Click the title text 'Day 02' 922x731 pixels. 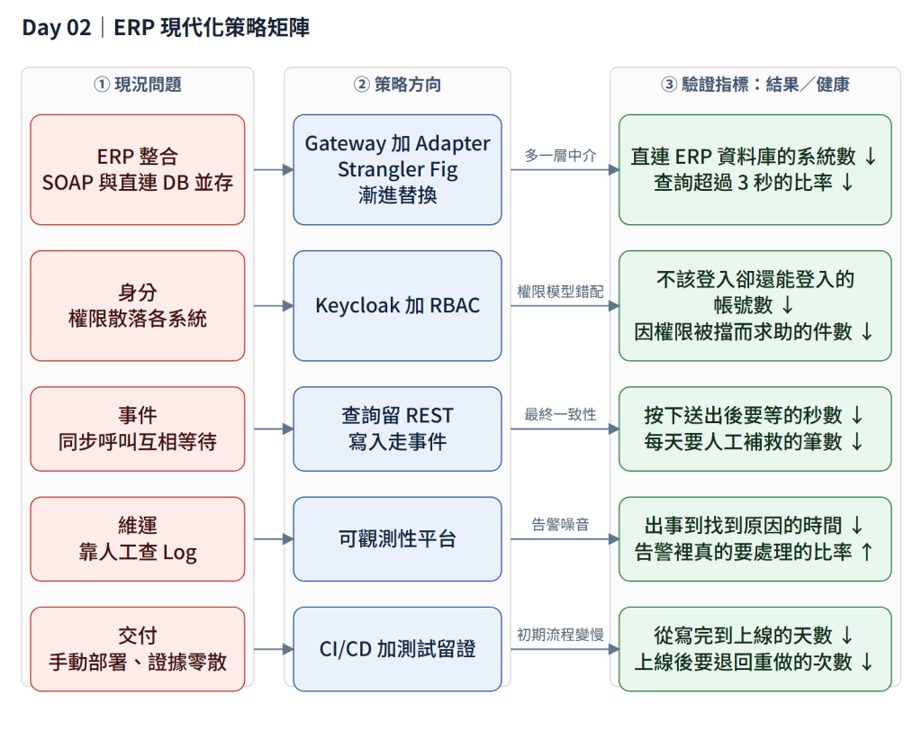click(57, 28)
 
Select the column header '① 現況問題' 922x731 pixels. click(138, 85)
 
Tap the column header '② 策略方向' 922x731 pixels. click(397, 85)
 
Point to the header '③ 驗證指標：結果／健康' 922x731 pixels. click(755, 85)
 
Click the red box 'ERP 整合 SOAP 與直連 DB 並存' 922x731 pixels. click(138, 169)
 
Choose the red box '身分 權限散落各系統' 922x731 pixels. click(138, 306)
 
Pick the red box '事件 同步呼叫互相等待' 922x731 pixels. click(138, 429)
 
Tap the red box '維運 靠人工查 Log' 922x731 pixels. click(138, 538)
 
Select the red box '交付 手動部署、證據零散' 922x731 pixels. click(138, 649)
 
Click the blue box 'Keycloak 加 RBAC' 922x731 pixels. click(397, 306)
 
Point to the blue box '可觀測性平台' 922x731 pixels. click(397, 538)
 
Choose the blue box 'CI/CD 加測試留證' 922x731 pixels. click(397, 649)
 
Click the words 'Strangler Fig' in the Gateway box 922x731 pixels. click(397, 169)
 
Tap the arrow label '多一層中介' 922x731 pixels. click(560, 156)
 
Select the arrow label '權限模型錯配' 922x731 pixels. click(560, 292)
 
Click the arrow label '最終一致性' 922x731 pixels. click(560, 415)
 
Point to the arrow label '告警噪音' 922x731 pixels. click(560, 525)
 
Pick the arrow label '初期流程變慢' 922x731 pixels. click(560, 636)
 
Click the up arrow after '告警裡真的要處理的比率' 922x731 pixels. click(867, 552)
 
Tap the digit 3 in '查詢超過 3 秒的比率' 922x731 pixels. click(743, 183)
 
